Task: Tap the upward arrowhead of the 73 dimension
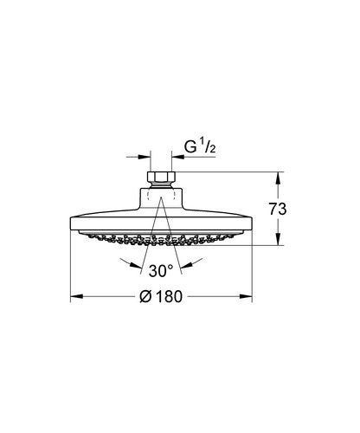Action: (x=278, y=177)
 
